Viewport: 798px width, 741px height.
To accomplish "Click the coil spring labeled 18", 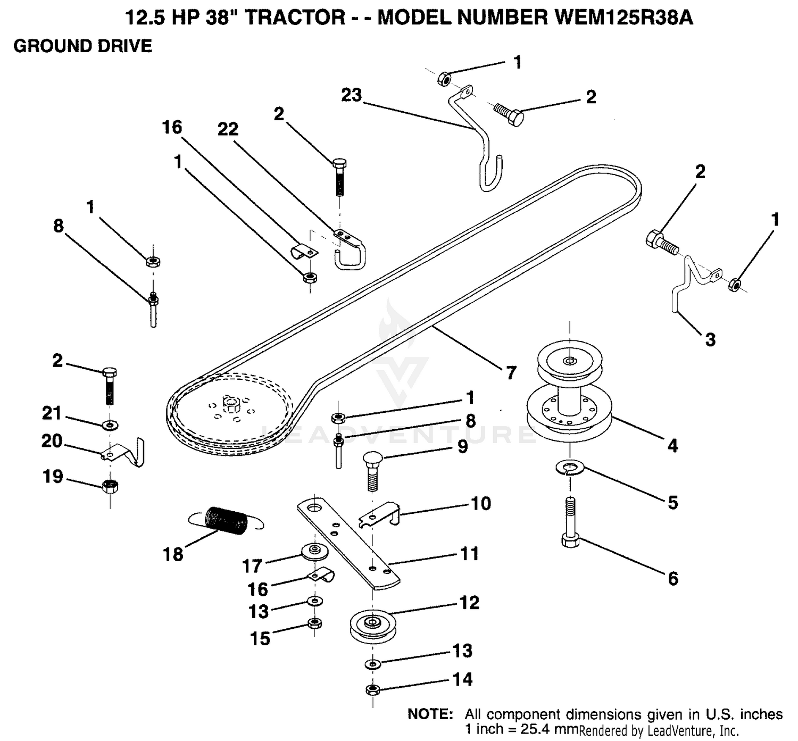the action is (226, 521).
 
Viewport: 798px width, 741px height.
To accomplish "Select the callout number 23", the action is (352, 96).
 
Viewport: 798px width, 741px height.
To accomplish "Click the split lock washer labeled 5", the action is (570, 467).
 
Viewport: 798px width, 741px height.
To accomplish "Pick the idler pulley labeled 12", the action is (373, 625).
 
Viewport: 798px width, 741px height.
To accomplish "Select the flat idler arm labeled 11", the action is (348, 543).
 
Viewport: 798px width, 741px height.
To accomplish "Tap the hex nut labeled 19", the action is (110, 487).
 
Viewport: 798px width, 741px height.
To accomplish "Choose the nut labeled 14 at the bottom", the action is (373, 690).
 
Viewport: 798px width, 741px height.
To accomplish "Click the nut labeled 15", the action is (314, 623).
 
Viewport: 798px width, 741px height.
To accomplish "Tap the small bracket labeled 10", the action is (379, 513).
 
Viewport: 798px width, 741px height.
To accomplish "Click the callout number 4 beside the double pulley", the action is (672, 446).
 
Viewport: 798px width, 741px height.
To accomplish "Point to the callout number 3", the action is (710, 339).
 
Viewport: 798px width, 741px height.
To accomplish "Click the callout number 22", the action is (228, 129).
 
